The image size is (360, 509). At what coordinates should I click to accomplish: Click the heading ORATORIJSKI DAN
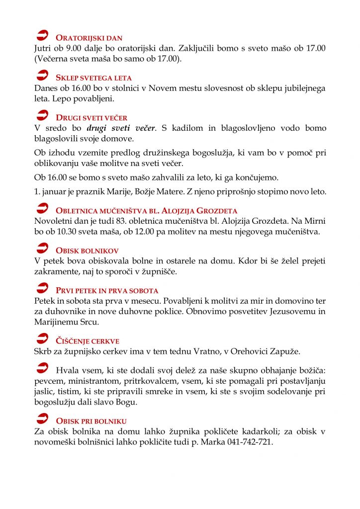click(89, 38)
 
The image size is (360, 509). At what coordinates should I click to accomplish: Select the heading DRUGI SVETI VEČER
click(91, 118)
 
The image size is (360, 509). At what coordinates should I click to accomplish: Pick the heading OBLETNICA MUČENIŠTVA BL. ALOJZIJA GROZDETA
click(147, 211)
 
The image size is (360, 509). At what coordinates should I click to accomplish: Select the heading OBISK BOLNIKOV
click(87, 251)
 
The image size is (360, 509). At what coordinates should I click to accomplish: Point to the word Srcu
click(87, 322)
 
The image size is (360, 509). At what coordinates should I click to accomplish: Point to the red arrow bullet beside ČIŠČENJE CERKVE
click(43, 339)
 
